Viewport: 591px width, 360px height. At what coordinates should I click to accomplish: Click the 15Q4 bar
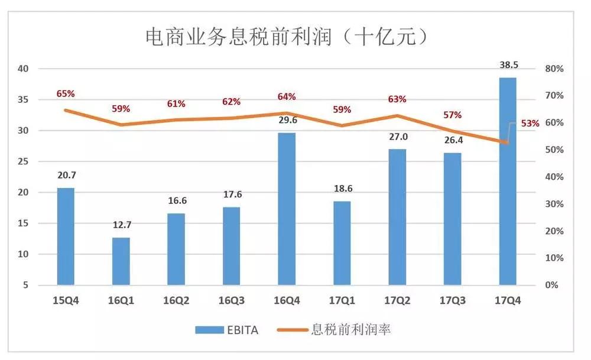point(66,236)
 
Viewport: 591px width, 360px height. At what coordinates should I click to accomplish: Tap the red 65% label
point(66,93)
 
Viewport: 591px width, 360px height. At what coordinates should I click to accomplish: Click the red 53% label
point(530,124)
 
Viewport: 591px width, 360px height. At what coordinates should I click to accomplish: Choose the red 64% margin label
point(287,96)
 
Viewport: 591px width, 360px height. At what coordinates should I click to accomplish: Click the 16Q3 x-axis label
point(231,300)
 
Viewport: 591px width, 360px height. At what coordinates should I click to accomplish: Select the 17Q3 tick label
point(452,300)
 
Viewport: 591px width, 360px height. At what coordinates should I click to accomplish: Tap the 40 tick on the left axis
point(23,69)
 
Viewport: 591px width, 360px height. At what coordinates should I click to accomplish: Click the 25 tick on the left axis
point(23,161)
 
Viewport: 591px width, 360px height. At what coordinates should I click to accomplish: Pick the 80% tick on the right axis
point(554,69)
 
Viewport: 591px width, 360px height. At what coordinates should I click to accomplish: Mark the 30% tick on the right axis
point(554,204)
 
